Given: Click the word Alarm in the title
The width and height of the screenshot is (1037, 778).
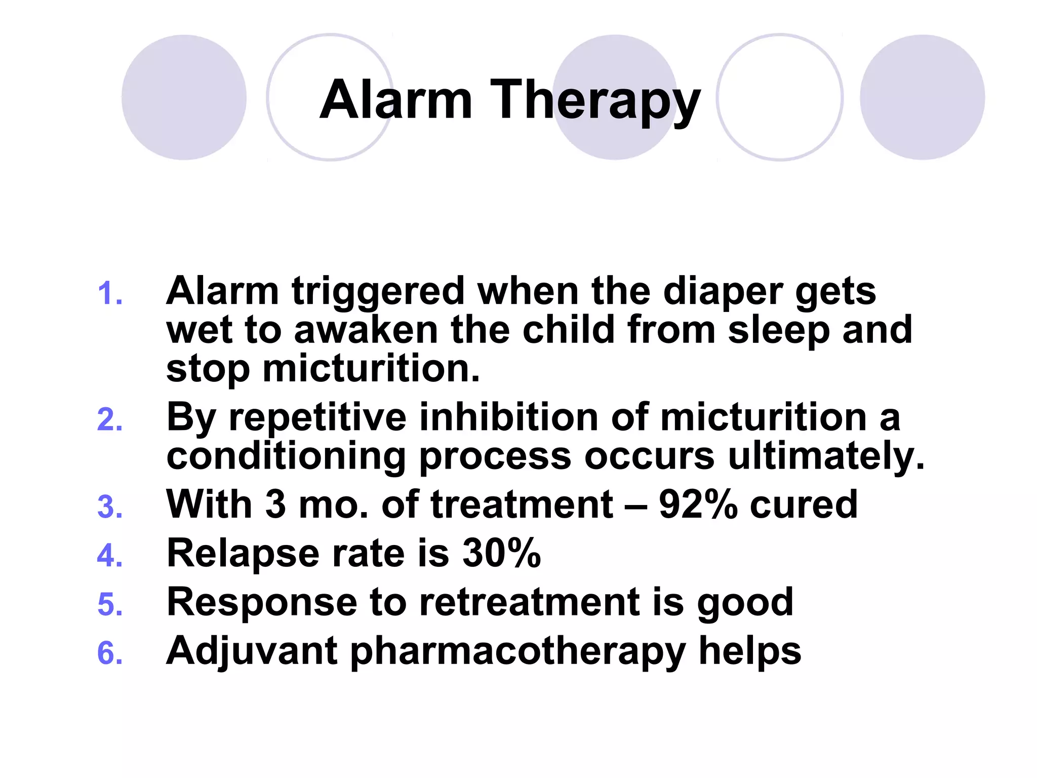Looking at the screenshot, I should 396,100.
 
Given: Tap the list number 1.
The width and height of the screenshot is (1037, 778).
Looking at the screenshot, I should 110,294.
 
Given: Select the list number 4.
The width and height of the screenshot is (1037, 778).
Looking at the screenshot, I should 110,556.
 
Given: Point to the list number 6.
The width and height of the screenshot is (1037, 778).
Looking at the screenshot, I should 110,653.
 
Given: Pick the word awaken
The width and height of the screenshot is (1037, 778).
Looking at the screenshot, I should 366,330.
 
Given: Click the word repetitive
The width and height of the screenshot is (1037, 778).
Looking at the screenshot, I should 317,418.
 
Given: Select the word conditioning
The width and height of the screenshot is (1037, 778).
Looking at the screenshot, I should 286,457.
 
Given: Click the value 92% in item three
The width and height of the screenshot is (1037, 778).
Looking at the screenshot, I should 698,504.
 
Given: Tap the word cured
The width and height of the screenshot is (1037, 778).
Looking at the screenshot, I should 804,504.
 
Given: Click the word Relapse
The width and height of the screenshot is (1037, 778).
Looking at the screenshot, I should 243,554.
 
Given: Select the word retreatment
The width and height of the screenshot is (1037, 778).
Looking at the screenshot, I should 530,602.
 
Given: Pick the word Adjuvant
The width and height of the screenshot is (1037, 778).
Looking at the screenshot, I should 252,652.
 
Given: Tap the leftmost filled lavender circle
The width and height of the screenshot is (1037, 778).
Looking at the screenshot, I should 184,97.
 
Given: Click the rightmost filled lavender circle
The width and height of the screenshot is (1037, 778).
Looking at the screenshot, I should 922,97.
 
